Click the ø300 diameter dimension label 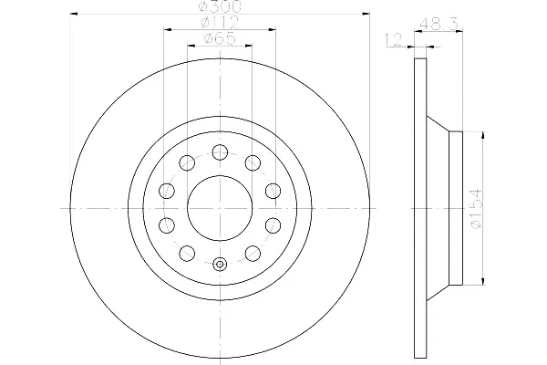point(220,6)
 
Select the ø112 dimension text point(220,22)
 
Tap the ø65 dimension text point(220,38)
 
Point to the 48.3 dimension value point(439,25)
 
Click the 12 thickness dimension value point(394,40)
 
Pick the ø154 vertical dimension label point(476,209)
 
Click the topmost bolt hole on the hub point(220,152)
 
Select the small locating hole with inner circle point(220,265)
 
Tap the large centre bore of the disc point(220,209)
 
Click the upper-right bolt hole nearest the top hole point(253,162)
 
